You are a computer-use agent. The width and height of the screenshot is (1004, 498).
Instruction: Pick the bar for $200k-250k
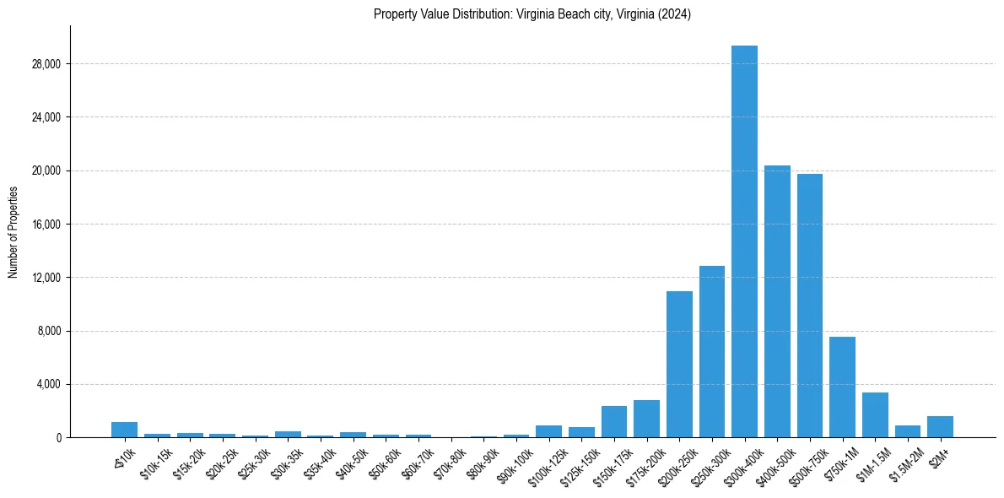click(x=679, y=365)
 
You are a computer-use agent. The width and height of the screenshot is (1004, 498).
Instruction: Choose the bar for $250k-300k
click(x=712, y=352)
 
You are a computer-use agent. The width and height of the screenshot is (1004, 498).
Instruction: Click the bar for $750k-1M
click(x=842, y=387)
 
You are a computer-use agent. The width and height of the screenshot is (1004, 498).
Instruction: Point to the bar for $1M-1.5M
click(x=875, y=415)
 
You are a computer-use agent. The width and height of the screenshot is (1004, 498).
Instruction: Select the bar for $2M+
click(x=940, y=427)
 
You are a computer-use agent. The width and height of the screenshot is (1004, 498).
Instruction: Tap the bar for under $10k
click(x=124, y=430)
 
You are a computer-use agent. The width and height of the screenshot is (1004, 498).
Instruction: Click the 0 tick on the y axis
click(x=58, y=437)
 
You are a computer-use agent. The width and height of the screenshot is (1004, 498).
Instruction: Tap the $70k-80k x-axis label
click(x=449, y=461)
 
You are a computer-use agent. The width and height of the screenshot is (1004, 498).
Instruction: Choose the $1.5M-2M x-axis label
click(x=905, y=463)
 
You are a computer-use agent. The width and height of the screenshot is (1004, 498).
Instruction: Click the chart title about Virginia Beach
click(x=532, y=14)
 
